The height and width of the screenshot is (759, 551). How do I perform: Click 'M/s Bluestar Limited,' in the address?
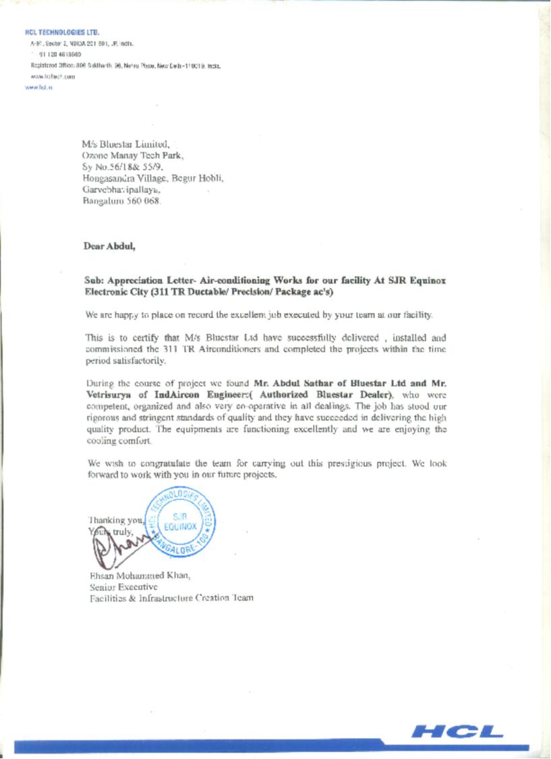click(x=121, y=144)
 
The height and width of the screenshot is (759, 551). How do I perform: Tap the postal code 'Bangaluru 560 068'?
click(x=121, y=201)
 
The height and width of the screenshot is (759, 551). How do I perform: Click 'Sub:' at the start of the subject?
click(x=94, y=279)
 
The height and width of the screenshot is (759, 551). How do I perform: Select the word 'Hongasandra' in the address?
click(x=111, y=178)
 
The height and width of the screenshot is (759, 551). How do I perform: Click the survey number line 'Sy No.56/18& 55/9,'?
click(x=123, y=166)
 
